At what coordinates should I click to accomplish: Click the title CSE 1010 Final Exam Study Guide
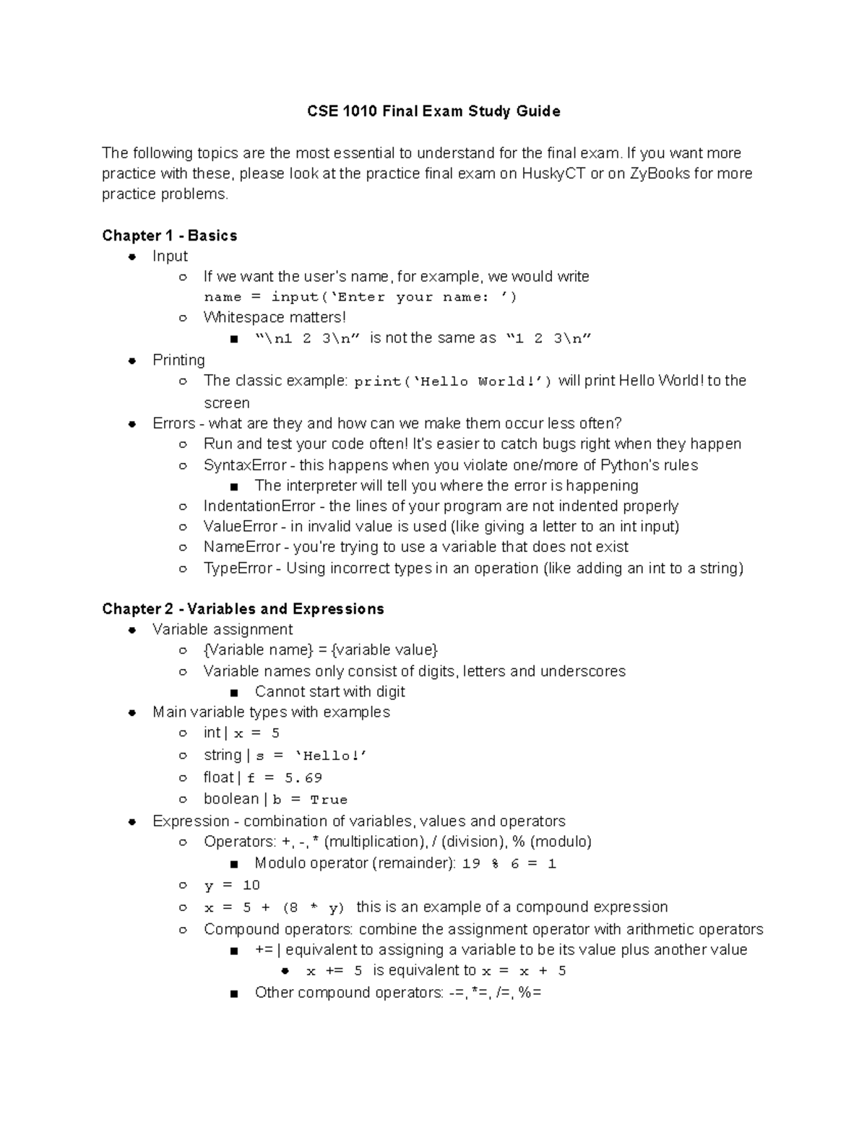tap(433, 111)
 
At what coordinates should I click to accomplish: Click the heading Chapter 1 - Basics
tap(169, 236)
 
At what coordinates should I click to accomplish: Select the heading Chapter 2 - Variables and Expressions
tap(243, 609)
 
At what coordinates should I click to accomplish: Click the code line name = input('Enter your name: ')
tap(360, 297)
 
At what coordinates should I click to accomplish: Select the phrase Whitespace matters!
tap(275, 317)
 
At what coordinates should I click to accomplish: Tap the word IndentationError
tap(259, 506)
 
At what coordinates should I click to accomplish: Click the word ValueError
tap(241, 527)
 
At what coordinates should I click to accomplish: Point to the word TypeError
tap(238, 568)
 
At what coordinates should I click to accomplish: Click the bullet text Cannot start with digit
tap(329, 691)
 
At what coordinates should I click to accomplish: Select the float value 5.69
tap(303, 778)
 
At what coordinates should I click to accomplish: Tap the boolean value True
tap(329, 800)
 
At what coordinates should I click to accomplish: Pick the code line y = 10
tap(231, 885)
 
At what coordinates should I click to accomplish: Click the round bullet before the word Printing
tap(132, 361)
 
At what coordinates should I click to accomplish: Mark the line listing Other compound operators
tap(397, 993)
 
